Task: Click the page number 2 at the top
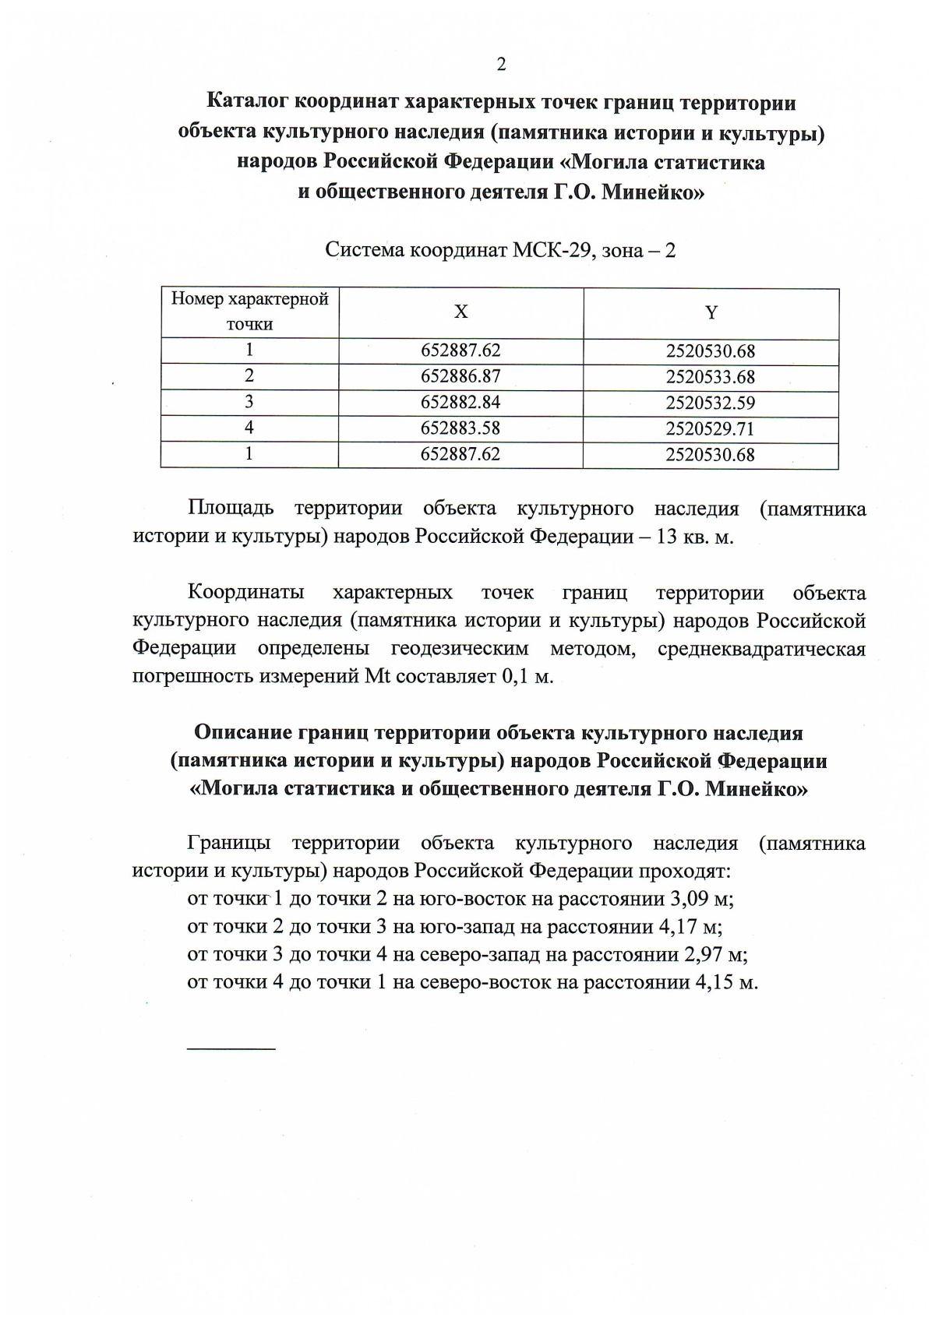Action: pos(501,65)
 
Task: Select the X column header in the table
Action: pos(461,312)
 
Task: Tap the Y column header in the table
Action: pos(711,313)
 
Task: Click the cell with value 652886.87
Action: pos(460,376)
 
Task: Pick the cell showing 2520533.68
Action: pos(710,377)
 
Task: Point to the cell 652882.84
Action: pos(460,402)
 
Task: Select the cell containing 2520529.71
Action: pos(710,428)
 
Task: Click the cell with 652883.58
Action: pos(460,428)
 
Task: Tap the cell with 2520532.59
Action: pos(710,403)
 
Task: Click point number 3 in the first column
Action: pos(249,402)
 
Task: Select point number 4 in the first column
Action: pos(249,428)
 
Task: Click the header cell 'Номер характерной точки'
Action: pos(250,312)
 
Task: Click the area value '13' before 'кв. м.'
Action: pos(667,537)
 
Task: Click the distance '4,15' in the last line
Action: pos(712,982)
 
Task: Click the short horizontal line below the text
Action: pos(231,1049)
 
